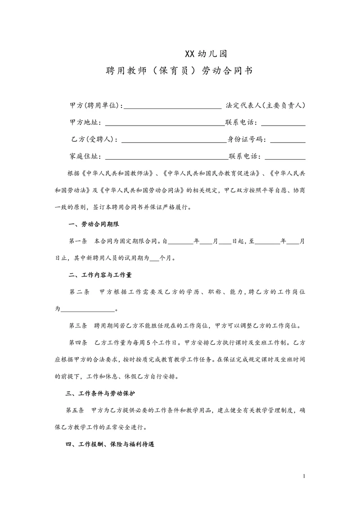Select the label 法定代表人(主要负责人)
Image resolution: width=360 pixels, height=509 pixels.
[x=265, y=105]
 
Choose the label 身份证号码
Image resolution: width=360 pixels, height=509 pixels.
[x=247, y=140]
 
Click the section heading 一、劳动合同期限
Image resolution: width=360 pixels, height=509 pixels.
[x=93, y=224]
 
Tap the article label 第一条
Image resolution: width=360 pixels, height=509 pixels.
[x=78, y=241]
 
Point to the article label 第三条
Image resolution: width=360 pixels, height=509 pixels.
[x=78, y=326]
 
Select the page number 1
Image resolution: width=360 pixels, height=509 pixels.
[x=305, y=476]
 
